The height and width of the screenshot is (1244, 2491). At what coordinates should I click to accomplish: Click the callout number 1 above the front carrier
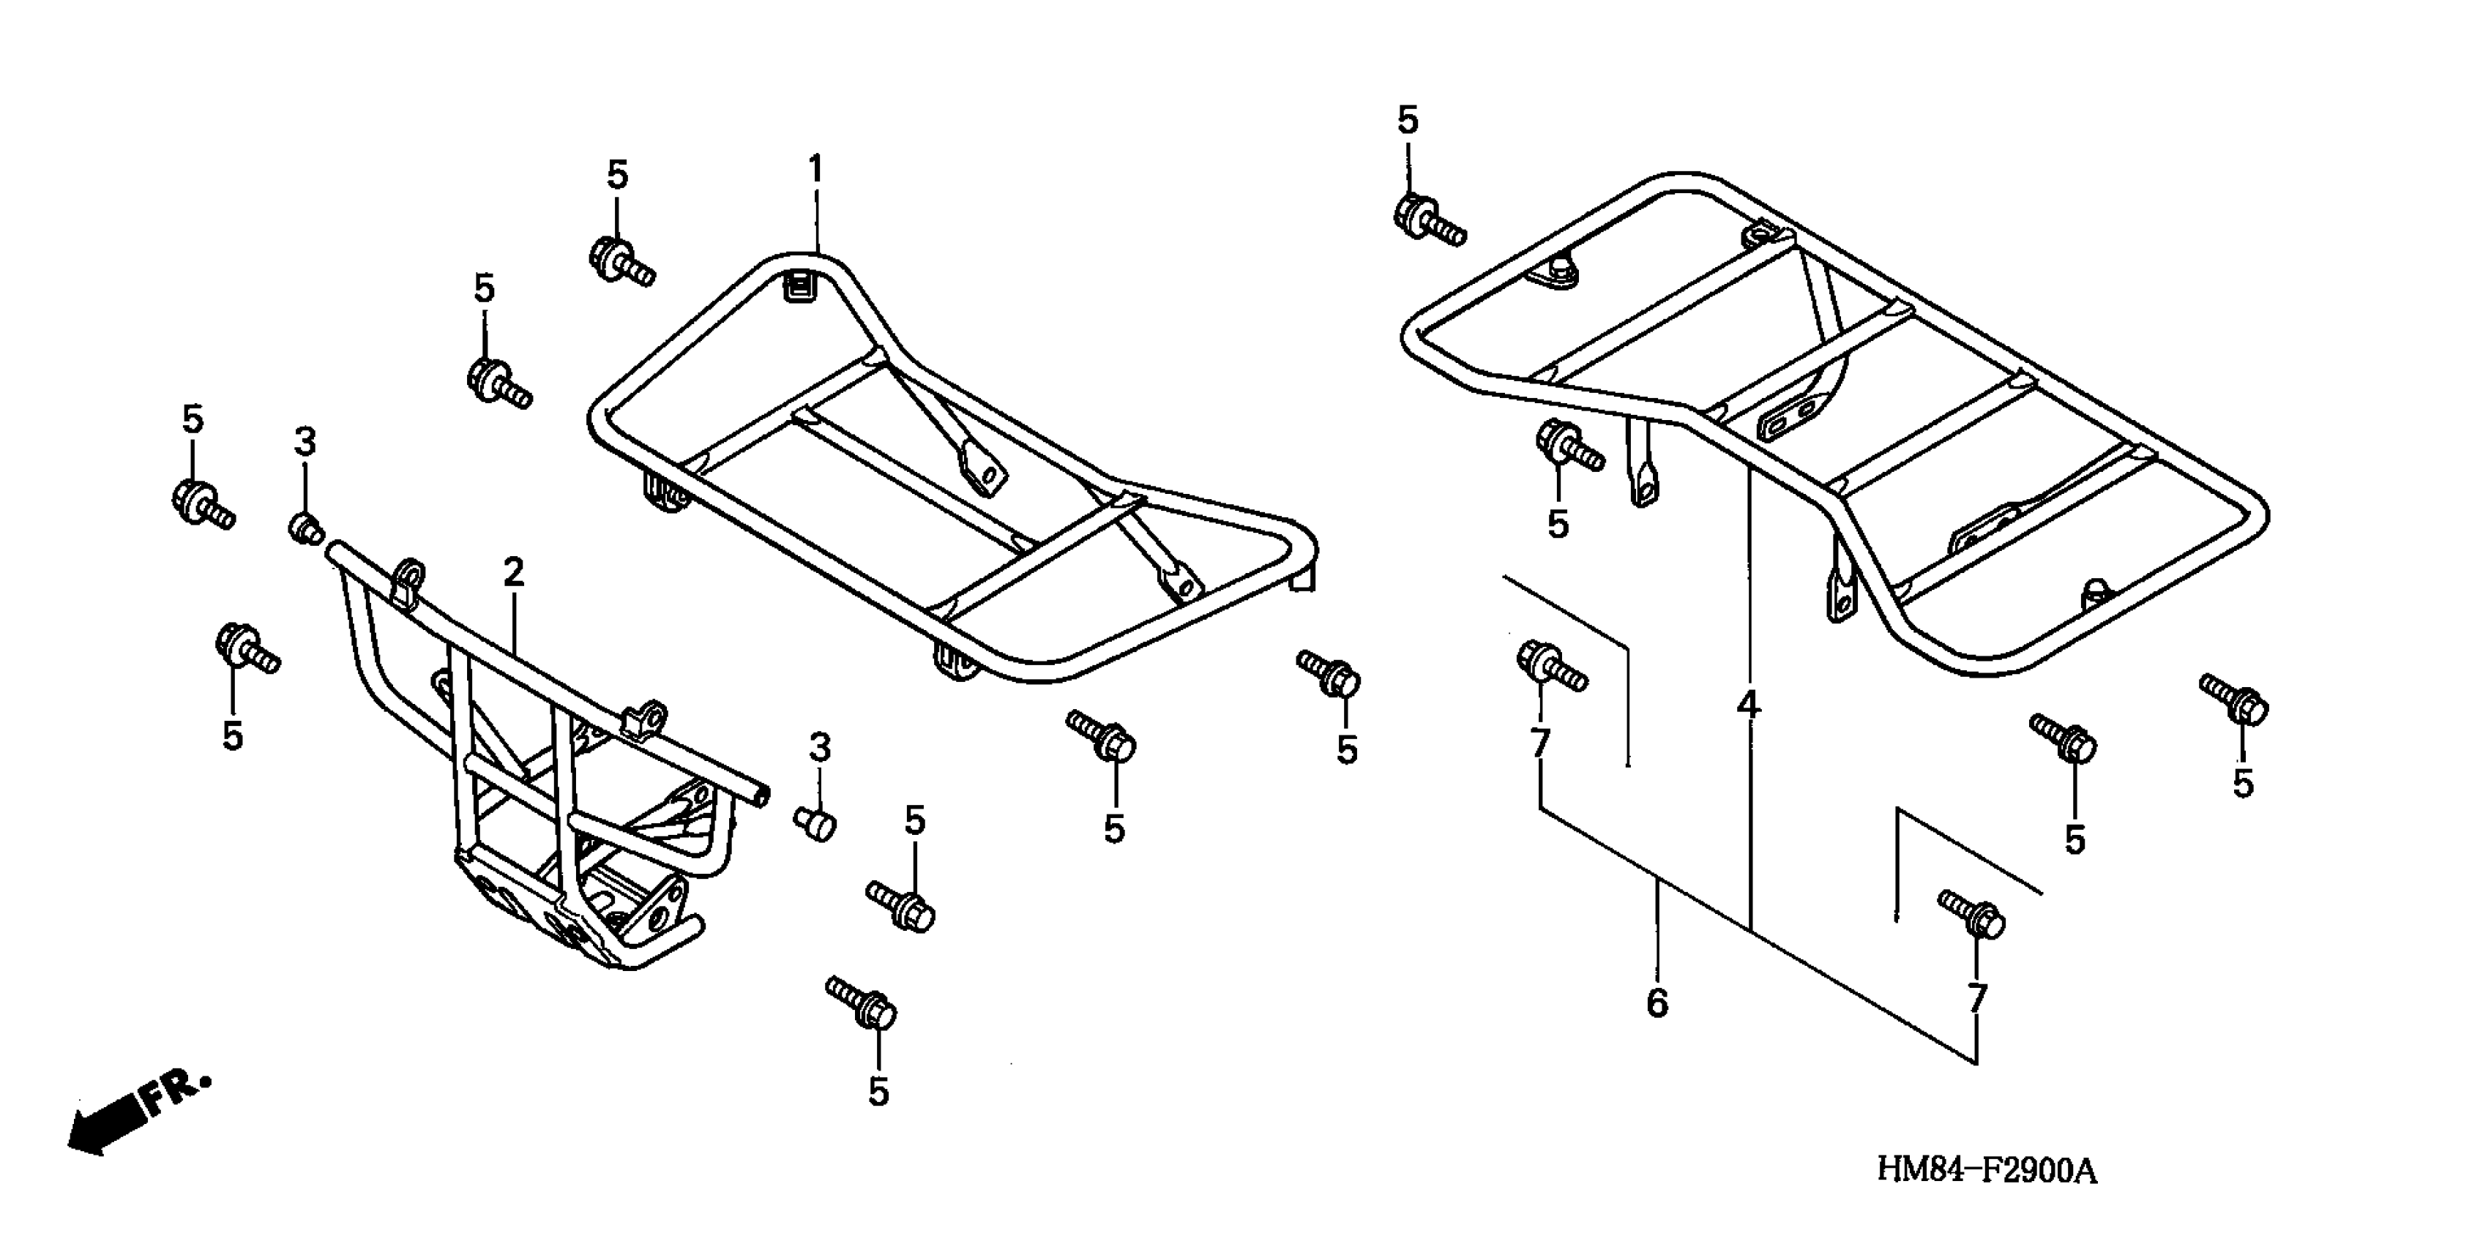(815, 170)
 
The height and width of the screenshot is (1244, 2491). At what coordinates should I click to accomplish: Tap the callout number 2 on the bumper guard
(513, 573)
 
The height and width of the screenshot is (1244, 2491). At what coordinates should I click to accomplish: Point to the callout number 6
(1657, 1003)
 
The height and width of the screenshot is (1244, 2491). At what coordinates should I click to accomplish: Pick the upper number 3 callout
(305, 443)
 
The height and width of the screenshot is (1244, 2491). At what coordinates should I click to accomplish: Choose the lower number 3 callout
(819, 747)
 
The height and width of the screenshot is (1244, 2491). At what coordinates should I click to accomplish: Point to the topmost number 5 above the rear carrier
(1408, 121)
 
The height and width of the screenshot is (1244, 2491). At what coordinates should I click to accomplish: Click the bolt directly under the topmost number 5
(1427, 219)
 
